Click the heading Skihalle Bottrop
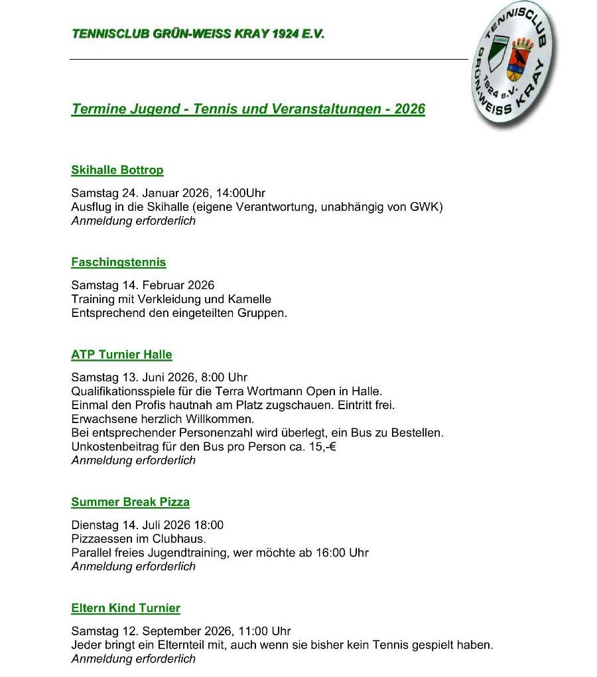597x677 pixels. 117,170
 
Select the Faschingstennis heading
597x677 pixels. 118,262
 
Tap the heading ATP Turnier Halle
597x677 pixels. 121,355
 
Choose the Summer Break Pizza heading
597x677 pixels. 130,502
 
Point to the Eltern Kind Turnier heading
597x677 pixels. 125,608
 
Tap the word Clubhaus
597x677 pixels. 180,539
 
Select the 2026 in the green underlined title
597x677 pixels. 409,109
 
